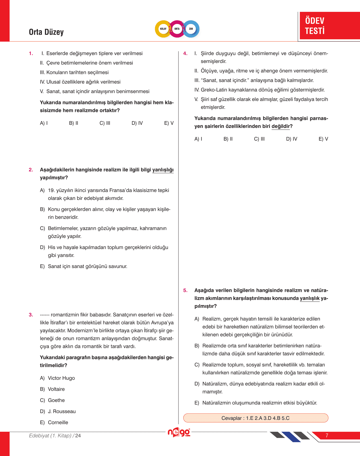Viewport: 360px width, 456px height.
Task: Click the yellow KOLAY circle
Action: (x=163, y=29)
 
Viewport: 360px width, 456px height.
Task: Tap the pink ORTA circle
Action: (x=177, y=29)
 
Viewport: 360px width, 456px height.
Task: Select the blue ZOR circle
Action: (x=191, y=29)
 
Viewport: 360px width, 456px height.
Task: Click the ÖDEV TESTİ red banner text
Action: (x=315, y=26)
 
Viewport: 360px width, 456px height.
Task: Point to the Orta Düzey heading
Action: (x=46, y=32)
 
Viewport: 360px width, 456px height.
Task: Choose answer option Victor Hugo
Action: (x=61, y=378)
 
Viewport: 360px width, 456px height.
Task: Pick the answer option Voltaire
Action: (x=56, y=389)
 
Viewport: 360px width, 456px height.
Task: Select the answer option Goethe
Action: (x=56, y=400)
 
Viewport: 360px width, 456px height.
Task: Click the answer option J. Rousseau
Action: (x=62, y=411)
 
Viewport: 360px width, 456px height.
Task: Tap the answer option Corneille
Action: (x=58, y=422)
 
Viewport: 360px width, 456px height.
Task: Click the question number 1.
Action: (x=31, y=53)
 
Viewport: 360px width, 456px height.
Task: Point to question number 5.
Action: (x=185, y=290)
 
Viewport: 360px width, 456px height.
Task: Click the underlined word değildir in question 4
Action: (x=281, y=126)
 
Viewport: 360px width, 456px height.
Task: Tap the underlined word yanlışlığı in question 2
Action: (x=163, y=170)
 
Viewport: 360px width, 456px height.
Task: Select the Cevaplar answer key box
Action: (x=256, y=418)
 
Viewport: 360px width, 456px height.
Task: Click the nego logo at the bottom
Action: (x=179, y=433)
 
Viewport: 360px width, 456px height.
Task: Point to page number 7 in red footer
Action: (x=327, y=436)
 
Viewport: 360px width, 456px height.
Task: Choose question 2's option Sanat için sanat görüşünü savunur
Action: (x=88, y=266)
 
